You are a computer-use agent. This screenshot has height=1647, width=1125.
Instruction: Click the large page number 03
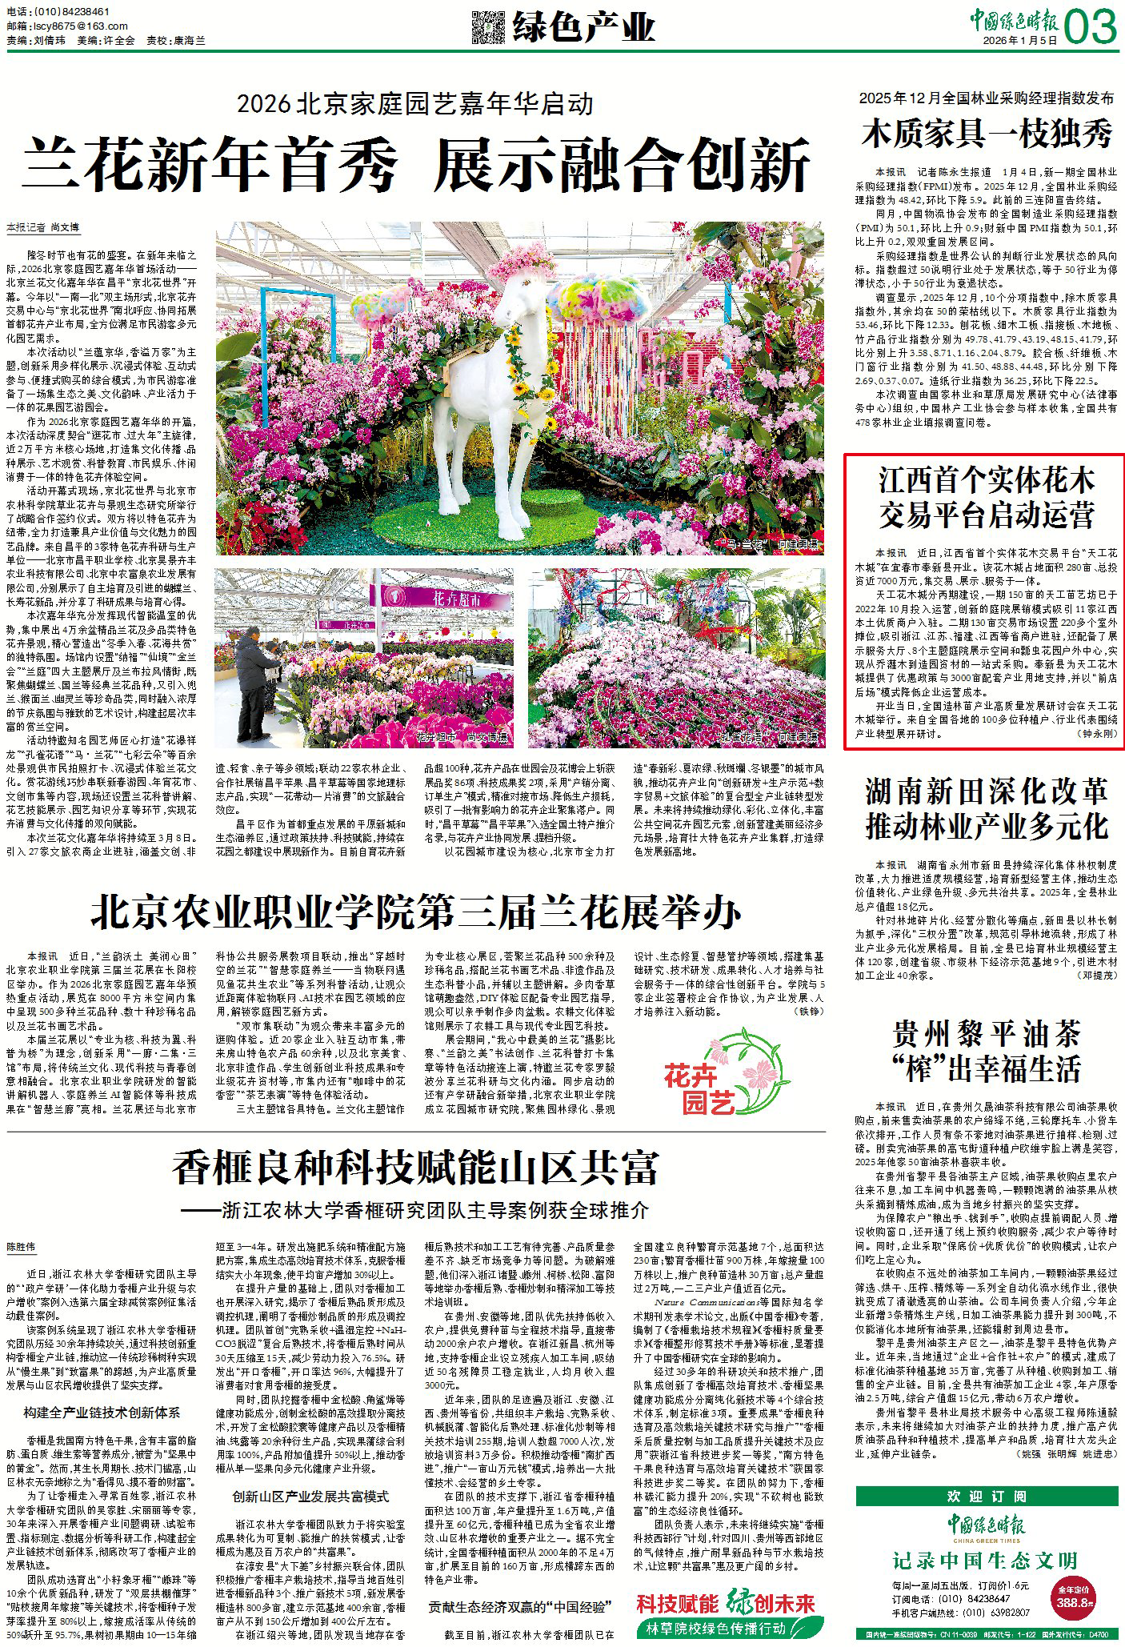click(1091, 30)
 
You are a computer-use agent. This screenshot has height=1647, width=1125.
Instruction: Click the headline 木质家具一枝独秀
click(987, 133)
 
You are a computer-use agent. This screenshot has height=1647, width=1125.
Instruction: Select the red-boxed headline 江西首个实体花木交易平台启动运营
click(987, 498)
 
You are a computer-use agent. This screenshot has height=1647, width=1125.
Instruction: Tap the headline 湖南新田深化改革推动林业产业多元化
click(987, 810)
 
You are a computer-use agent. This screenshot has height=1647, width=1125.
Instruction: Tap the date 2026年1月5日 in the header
click(1020, 39)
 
